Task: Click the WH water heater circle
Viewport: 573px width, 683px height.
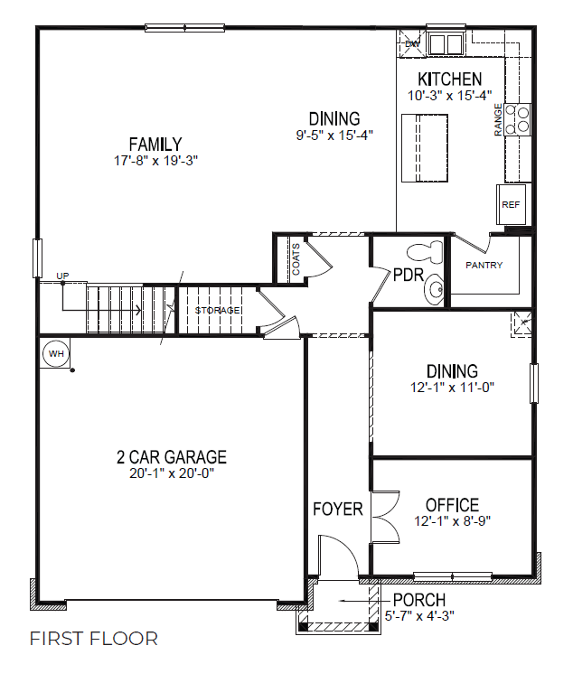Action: coord(56,353)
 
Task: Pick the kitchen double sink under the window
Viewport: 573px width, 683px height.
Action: coord(445,43)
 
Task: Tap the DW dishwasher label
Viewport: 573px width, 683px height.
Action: coord(412,43)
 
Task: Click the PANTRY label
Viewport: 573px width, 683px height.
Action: coord(484,266)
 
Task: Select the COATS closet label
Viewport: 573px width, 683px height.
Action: coord(296,258)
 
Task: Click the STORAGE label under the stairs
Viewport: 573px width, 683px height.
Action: coord(218,311)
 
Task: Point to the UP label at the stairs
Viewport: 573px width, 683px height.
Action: coord(62,276)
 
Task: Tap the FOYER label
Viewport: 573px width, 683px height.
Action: coord(338,509)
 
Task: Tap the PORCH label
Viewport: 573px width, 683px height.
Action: coord(418,600)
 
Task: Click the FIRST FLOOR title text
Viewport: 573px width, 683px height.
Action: coord(94,639)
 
